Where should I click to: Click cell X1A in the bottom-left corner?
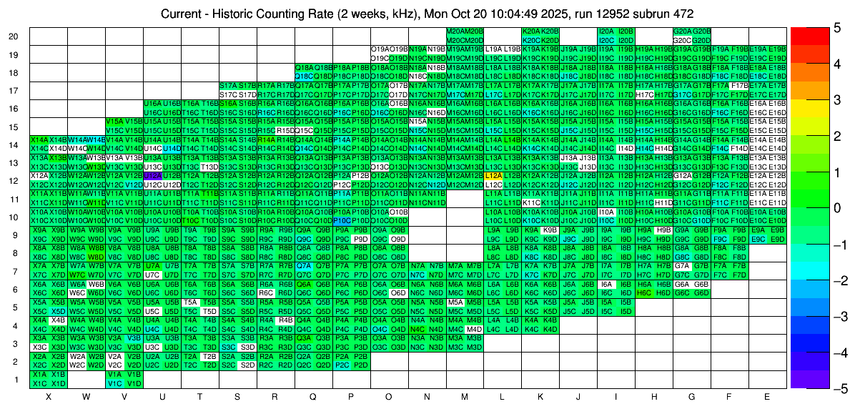pos(39,374)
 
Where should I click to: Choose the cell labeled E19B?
pos(777,49)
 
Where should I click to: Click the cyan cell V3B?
pos(134,338)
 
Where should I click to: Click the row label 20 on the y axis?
pos(14,36)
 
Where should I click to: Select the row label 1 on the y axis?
pos(16,379)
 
